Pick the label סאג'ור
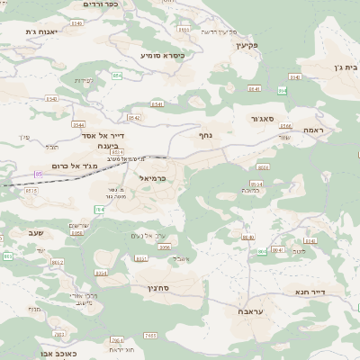click(261, 118)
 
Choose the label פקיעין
click(243, 44)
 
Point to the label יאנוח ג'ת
click(42, 32)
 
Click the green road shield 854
click(117, 75)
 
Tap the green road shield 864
click(283, 90)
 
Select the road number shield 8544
click(78, 125)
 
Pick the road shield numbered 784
click(99, 209)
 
